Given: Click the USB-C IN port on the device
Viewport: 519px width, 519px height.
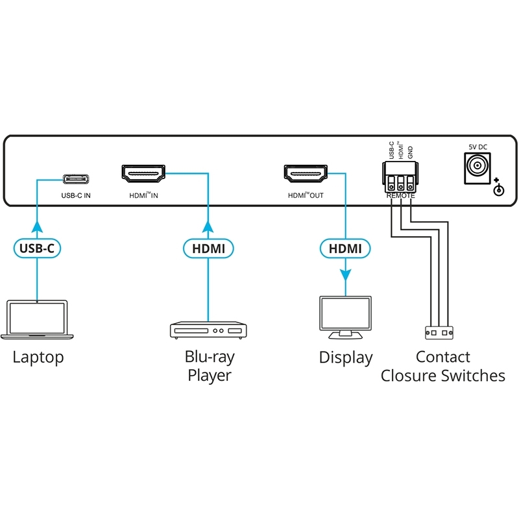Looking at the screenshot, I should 77,179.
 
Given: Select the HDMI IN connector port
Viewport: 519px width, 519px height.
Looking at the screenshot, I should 143,173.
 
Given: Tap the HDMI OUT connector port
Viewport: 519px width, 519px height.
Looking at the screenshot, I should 305,173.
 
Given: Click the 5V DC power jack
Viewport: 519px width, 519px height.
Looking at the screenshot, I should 476,167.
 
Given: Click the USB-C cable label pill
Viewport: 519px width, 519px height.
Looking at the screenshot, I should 38,247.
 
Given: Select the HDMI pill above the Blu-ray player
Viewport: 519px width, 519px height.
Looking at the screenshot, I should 208,247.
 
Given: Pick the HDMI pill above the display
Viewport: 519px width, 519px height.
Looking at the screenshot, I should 345,247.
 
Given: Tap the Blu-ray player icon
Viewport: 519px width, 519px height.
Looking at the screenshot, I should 208,330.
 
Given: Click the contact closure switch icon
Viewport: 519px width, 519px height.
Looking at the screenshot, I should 439,332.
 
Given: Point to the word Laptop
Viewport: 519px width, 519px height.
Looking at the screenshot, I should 38,357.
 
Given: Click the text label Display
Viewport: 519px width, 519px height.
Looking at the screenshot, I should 346,357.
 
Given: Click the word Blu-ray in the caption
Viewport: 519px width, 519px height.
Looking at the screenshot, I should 210,356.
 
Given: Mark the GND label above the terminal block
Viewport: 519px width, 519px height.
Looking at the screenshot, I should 411,153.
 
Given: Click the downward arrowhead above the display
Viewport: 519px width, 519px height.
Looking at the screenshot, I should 345,273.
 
